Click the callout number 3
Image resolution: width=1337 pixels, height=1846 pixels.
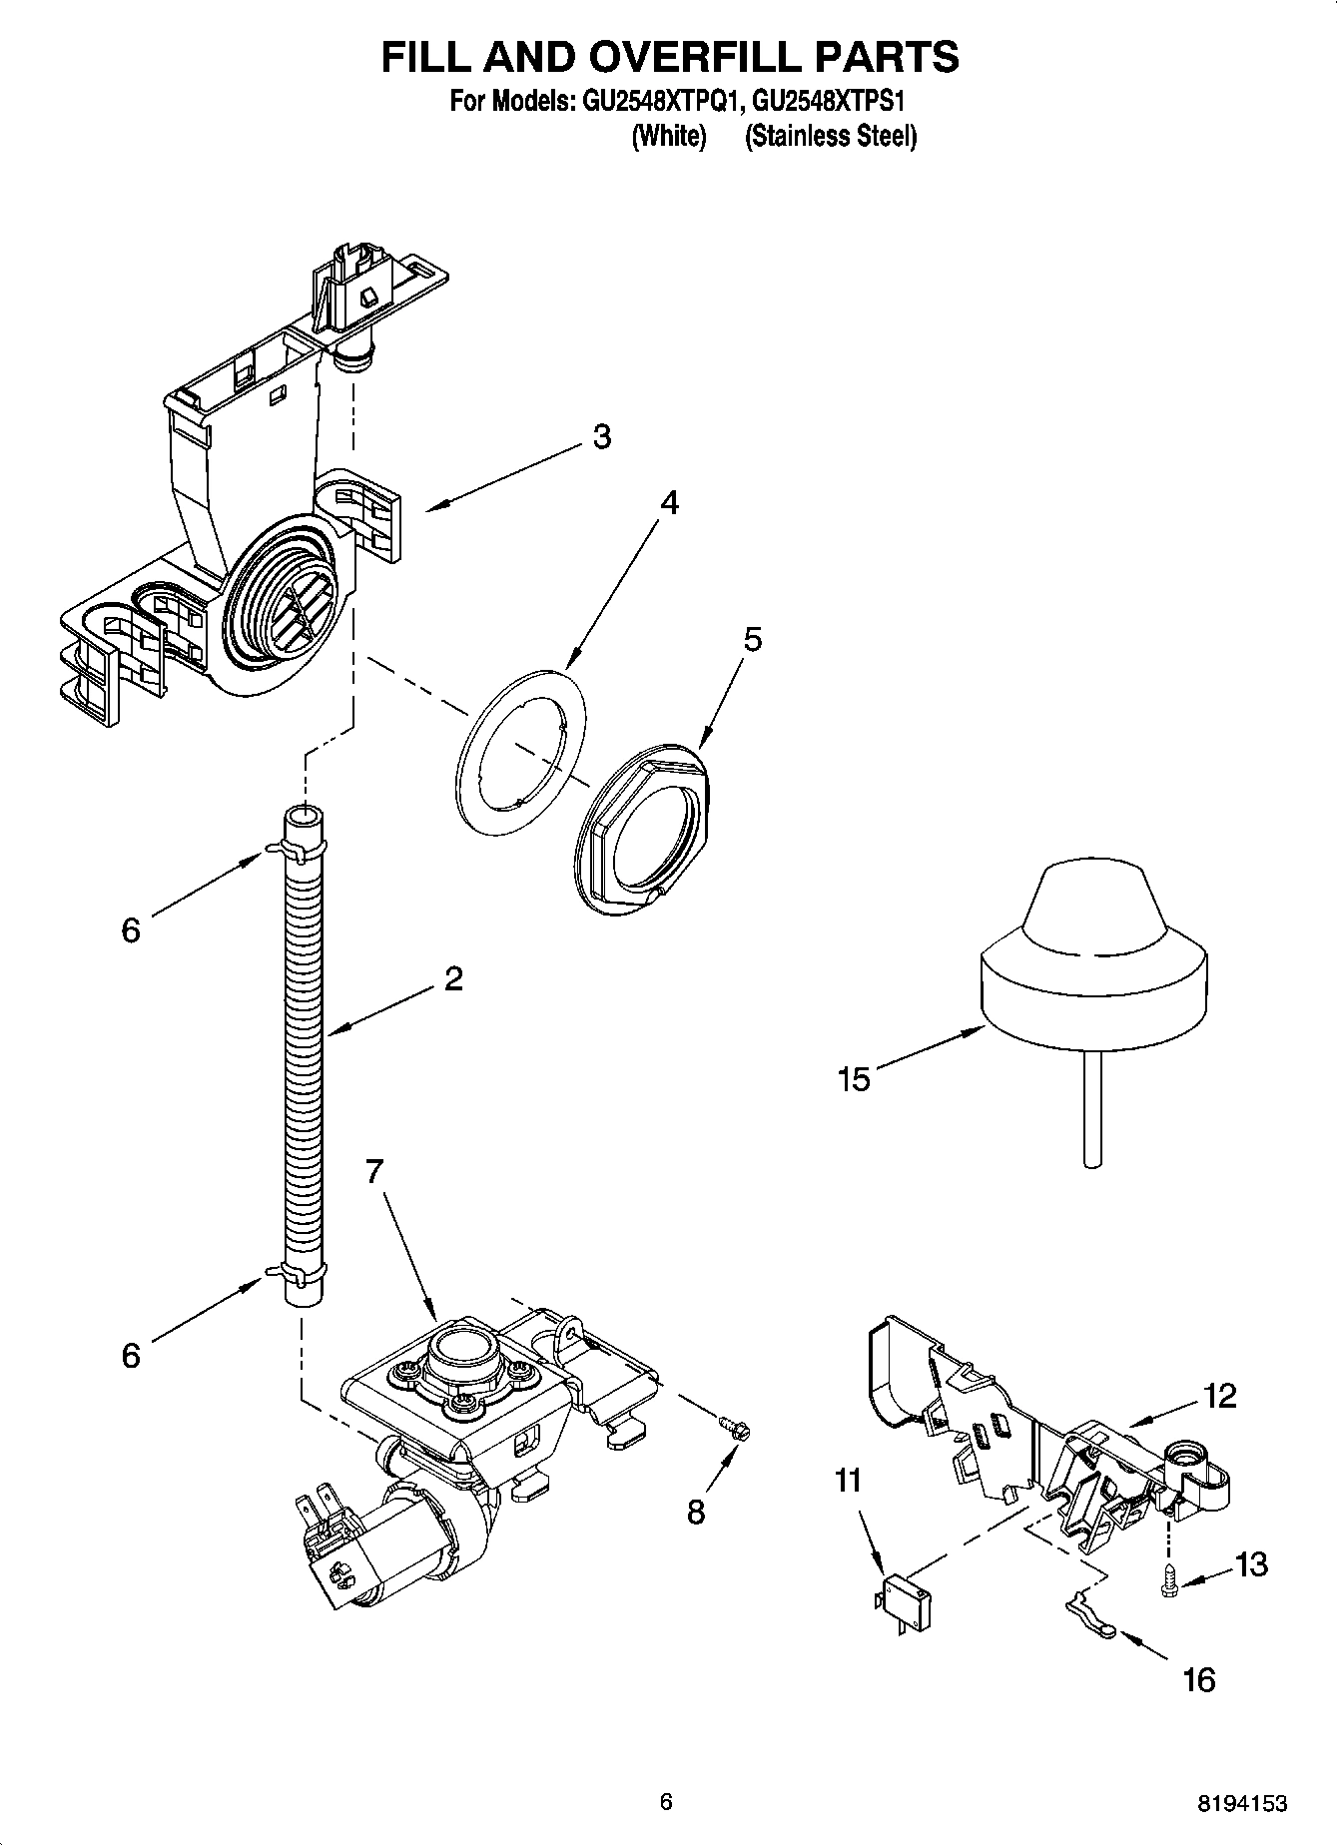[x=601, y=436]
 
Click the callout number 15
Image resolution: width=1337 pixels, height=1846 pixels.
[x=855, y=1079]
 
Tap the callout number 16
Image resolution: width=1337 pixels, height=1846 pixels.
[x=1198, y=1679]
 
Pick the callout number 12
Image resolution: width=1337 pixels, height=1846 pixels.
[x=1220, y=1395]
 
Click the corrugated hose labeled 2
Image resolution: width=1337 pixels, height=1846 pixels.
[x=304, y=1058]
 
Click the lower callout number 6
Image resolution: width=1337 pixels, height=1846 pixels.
[x=131, y=1356]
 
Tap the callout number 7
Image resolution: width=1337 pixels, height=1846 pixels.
[x=373, y=1171]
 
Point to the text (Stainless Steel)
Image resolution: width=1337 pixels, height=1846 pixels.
[x=830, y=136]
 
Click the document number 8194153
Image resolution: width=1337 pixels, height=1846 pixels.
[x=1242, y=1802]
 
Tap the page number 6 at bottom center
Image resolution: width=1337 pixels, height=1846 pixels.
[x=666, y=1801]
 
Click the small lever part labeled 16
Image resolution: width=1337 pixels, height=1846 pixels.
[x=1089, y=1629]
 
